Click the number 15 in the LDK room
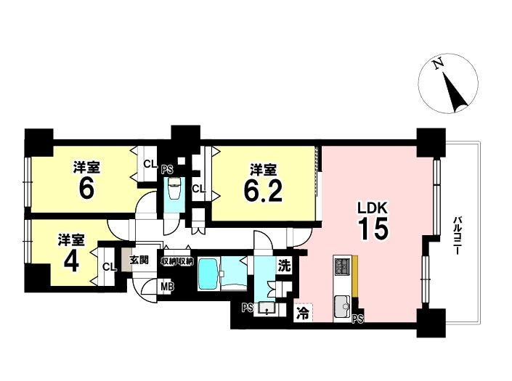point(373,228)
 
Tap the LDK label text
point(373,208)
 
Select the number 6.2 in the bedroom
point(263,190)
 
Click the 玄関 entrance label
point(139,260)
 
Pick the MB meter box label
point(168,287)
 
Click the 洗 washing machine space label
point(284,266)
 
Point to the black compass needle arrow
point(455,93)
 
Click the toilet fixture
point(174,189)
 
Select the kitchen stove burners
point(342,266)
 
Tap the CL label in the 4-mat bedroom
point(109,267)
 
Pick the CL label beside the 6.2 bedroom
point(198,189)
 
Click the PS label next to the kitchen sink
point(358,319)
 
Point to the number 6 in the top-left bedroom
point(86,189)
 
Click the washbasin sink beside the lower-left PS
point(267,308)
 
